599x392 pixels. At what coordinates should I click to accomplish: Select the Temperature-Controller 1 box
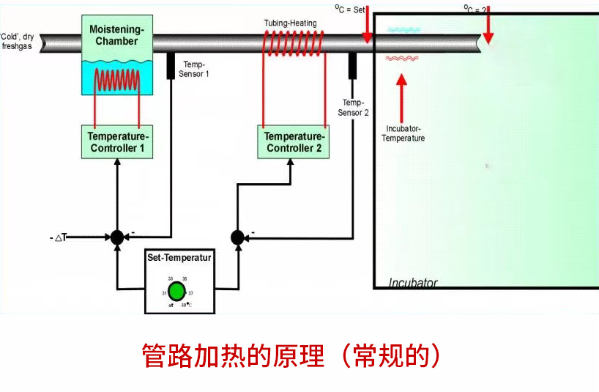[x=116, y=142]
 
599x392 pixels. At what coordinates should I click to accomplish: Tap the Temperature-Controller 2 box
[x=293, y=142]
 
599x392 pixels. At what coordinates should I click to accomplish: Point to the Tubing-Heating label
[x=290, y=23]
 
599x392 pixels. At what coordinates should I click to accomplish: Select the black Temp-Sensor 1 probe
[x=171, y=66]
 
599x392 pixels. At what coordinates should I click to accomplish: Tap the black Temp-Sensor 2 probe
[x=352, y=66]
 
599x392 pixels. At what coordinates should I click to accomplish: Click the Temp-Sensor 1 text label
[x=196, y=69]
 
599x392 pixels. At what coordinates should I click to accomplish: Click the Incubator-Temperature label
[x=405, y=133]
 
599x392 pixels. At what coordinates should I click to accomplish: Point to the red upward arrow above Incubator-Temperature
[x=401, y=95]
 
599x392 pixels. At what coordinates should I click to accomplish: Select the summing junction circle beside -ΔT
[x=116, y=237]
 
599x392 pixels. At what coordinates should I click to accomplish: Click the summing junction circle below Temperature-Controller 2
[x=237, y=237]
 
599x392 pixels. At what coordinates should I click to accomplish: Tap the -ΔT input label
[x=59, y=237]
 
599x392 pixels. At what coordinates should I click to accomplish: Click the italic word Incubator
[x=413, y=283]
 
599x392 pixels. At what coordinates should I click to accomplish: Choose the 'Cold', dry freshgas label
[x=18, y=40]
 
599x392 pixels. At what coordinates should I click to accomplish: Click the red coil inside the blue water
[x=116, y=78]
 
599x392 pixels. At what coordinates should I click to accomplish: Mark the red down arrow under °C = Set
[x=367, y=26]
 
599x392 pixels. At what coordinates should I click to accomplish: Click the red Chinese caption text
[x=291, y=356]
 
